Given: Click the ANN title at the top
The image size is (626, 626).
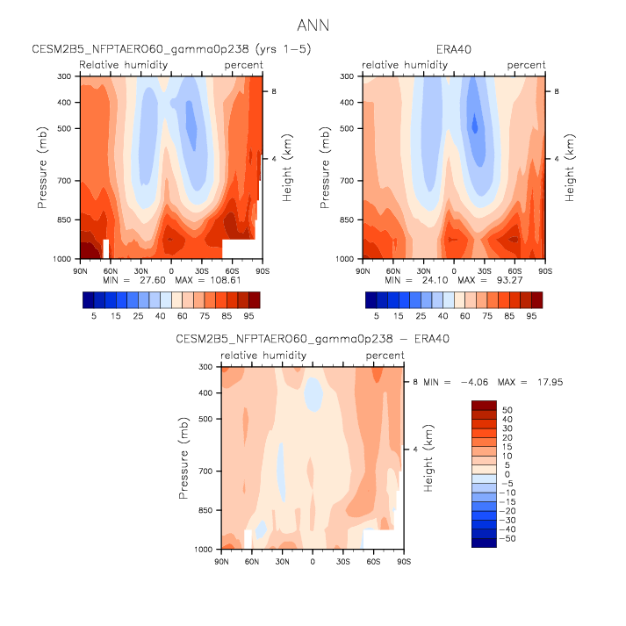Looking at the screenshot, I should tap(313, 26).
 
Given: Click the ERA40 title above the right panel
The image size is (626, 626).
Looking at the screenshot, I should tap(454, 49).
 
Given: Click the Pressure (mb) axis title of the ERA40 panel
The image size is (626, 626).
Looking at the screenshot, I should tap(325, 167).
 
